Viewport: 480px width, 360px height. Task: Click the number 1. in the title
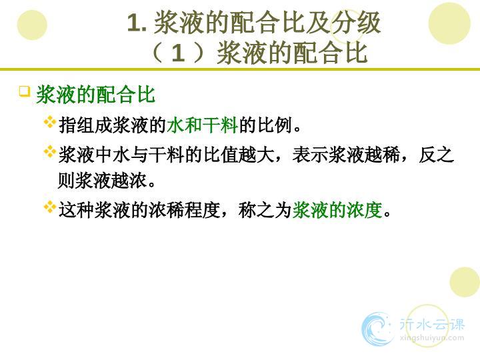pyautogui.click(x=137, y=23)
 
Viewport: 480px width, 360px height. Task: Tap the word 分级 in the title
pyautogui.click(x=355, y=23)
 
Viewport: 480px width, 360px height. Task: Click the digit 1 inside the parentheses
pyautogui.click(x=178, y=53)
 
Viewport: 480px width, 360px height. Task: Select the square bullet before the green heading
pyautogui.click(x=25, y=91)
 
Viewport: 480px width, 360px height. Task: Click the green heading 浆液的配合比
pyautogui.click(x=96, y=94)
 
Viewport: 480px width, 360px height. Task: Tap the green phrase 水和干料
pyautogui.click(x=203, y=125)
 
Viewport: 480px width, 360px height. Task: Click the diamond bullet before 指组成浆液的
pyautogui.click(x=49, y=122)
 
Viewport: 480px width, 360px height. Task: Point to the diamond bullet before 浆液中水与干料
pyautogui.click(x=49, y=151)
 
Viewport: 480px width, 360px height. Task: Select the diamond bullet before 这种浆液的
pyautogui.click(x=49, y=207)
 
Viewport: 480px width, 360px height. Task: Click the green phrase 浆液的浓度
pyautogui.click(x=337, y=210)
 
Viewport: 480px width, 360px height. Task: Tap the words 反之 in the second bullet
pyautogui.click(x=436, y=155)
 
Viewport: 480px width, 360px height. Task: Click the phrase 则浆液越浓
pyautogui.click(x=102, y=181)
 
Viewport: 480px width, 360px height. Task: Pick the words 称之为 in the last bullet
pyautogui.click(x=265, y=210)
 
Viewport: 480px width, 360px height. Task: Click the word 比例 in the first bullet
pyautogui.click(x=274, y=125)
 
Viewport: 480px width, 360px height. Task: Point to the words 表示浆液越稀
pyautogui.click(x=346, y=155)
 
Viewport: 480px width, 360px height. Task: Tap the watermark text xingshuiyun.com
pyautogui.click(x=432, y=337)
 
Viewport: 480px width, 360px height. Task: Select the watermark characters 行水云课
pyautogui.click(x=432, y=324)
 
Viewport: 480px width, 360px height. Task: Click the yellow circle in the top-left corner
pyautogui.click(x=32, y=25)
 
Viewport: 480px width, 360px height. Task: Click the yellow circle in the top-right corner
pyautogui.click(x=449, y=23)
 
